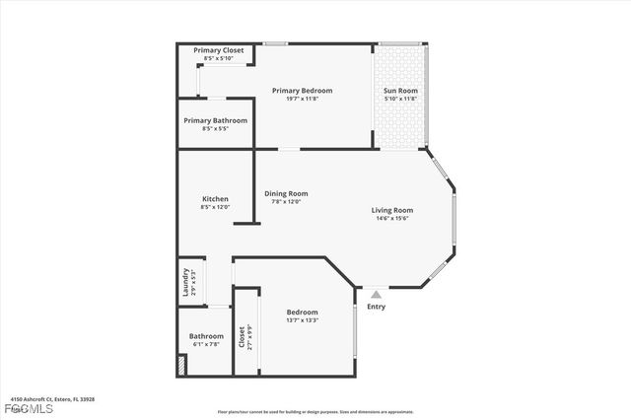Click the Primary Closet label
point(218,50)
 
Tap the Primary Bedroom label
point(302,91)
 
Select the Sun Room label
point(400,91)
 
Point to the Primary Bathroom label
point(215,120)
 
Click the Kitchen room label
point(215,198)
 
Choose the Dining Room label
point(286,193)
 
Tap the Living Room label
point(391,210)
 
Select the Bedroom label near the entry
point(302,312)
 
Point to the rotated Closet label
point(242,337)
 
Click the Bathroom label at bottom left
point(206,336)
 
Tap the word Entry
point(376,307)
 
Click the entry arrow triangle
point(375,293)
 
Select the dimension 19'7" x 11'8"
point(302,99)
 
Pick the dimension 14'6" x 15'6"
point(391,218)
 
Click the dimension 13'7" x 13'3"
point(302,319)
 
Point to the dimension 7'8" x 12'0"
point(286,201)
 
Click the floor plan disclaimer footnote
point(315,411)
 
